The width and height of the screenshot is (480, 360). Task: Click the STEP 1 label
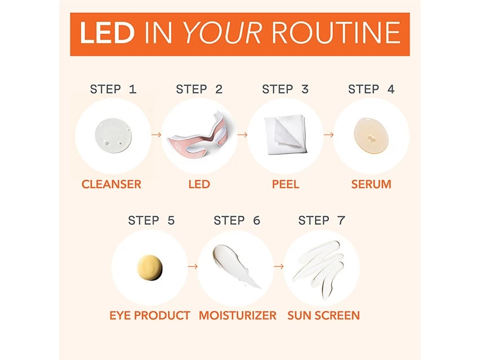[113, 89]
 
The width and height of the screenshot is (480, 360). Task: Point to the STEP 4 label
[371, 89]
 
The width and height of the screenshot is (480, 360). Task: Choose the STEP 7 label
[322, 220]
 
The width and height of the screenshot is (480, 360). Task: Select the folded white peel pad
[285, 136]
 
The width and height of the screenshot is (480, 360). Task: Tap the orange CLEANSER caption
[112, 184]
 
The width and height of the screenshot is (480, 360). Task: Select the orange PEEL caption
[285, 184]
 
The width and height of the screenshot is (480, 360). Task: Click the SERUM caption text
[371, 184]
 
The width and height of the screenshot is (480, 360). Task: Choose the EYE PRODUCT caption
[149, 315]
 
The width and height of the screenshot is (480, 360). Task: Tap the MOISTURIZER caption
[237, 315]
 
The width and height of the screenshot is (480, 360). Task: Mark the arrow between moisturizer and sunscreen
[278, 266]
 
